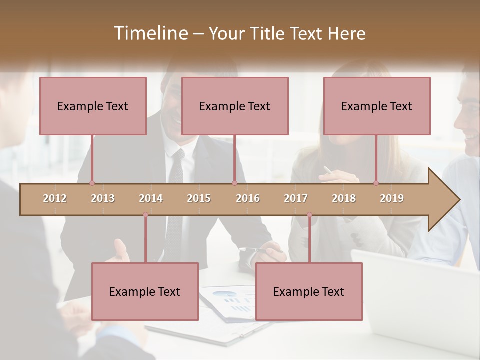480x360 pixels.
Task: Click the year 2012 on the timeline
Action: [55, 198]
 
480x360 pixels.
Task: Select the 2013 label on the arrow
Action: [103, 198]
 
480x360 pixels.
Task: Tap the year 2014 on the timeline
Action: [151, 198]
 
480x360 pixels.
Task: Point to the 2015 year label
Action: [199, 198]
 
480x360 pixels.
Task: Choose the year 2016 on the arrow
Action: [248, 198]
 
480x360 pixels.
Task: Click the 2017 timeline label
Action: [296, 198]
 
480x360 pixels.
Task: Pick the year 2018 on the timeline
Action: [344, 198]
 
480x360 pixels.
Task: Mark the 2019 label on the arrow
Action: [392, 198]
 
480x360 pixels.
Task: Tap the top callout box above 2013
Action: [93, 106]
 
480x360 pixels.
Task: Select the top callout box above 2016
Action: [235, 106]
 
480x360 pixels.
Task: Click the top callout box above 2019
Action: [377, 106]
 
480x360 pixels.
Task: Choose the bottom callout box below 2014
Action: [145, 291]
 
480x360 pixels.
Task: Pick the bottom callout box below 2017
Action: [309, 291]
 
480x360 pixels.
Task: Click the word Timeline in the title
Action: [150, 33]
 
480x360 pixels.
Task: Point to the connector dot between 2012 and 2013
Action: [92, 183]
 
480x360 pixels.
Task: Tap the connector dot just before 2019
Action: [376, 183]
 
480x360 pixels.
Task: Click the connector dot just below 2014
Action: [145, 215]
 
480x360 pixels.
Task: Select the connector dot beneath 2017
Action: [309, 215]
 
